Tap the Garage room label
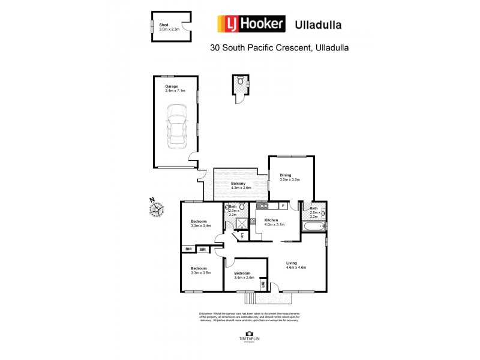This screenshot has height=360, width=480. pyautogui.click(x=175, y=88)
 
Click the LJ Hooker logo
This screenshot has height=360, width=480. pyautogui.click(x=251, y=24)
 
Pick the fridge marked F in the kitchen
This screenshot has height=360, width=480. pyautogui.click(x=283, y=206)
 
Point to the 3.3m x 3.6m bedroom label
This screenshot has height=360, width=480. pyautogui.click(x=199, y=271)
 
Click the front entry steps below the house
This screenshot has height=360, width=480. pyautogui.click(x=250, y=297)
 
